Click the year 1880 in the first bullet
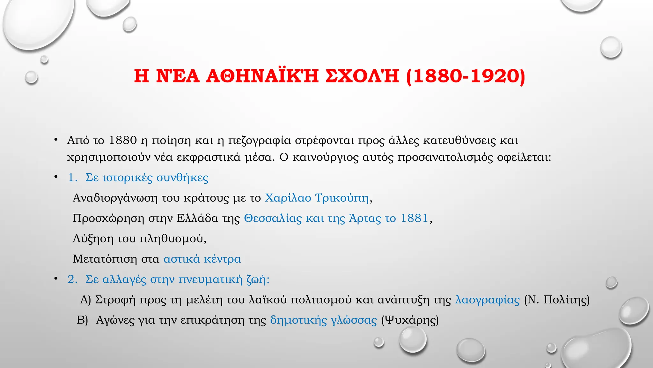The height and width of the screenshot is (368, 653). (x=123, y=140)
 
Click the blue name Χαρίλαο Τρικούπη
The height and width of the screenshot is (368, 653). (x=317, y=198)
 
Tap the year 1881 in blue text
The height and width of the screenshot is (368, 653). (x=414, y=218)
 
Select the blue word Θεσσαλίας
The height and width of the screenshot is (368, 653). (x=273, y=218)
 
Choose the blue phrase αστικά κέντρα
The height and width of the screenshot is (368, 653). (x=202, y=259)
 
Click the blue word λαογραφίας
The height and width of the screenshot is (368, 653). (x=487, y=300)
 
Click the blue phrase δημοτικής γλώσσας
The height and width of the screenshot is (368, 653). (x=323, y=320)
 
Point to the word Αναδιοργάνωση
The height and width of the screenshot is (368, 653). (x=115, y=198)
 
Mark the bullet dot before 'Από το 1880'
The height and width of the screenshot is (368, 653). (x=56, y=140)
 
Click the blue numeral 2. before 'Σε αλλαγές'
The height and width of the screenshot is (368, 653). (x=72, y=280)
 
